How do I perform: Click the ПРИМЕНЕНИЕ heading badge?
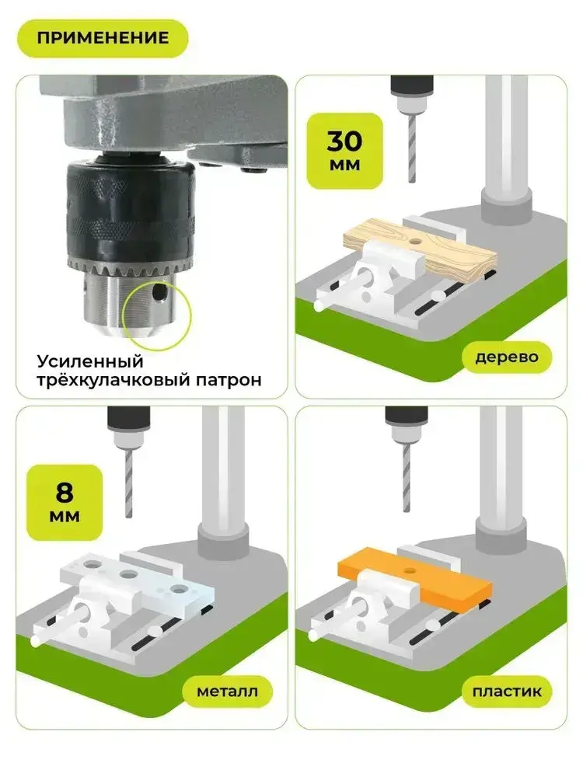[103, 38]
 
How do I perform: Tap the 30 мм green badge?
[345, 151]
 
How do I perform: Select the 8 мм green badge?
[65, 503]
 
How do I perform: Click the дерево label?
[507, 357]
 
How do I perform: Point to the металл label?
[228, 692]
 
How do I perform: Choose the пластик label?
[507, 692]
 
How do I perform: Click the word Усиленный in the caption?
[90, 361]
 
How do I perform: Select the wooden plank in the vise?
[421, 249]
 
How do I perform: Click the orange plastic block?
[415, 580]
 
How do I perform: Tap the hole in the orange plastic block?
[409, 571]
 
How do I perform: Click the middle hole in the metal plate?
[129, 575]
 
